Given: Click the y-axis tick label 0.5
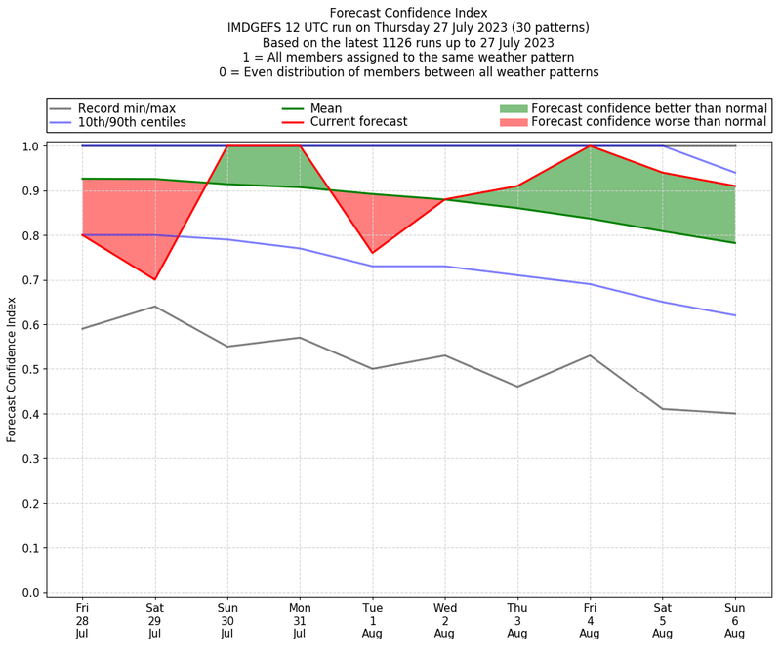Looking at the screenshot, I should [30, 369].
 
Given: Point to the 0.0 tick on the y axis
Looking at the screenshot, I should [30, 593].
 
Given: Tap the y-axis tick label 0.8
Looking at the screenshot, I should [30, 235].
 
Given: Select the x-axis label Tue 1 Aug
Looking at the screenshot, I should [372, 621].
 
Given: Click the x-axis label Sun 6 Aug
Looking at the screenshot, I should [735, 621].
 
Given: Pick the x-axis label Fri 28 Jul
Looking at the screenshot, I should [82, 621].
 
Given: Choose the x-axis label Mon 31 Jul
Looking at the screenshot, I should [300, 621].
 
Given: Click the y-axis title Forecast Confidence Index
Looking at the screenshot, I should [12, 369].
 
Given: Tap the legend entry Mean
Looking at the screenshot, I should [326, 108].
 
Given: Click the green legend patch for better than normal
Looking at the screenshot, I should [513, 108].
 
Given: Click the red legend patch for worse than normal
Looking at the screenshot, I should [513, 122].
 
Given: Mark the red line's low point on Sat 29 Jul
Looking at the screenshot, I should [154, 279].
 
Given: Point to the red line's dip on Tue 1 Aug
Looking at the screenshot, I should [372, 253].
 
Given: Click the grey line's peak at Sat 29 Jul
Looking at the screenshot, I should [154, 307].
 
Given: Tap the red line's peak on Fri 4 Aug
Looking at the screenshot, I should [590, 146].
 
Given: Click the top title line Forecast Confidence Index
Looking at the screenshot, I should [408, 13].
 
